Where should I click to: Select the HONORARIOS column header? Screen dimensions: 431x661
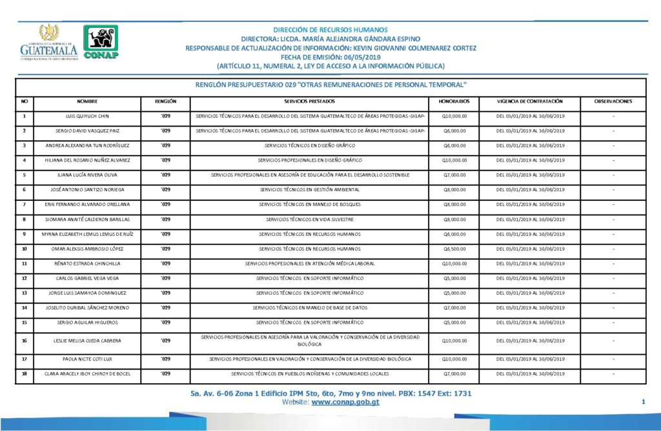[454, 101]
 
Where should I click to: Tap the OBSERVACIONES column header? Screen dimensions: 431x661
[613, 101]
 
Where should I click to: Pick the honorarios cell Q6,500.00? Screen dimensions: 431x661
[454, 249]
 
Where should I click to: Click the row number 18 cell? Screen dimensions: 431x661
[25, 373]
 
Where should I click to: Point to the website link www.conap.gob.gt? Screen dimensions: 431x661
[345, 402]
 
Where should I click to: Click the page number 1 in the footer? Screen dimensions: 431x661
[644, 402]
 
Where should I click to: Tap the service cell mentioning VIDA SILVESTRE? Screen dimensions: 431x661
[310, 220]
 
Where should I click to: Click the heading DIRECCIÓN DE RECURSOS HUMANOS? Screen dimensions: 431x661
[330, 30]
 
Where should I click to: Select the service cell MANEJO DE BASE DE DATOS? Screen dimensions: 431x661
[310, 308]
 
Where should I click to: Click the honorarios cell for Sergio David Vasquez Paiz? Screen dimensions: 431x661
[454, 131]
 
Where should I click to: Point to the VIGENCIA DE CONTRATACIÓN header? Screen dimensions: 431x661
[530, 101]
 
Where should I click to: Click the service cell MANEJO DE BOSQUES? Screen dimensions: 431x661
[310, 205]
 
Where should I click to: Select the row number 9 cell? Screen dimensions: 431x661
[25, 234]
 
